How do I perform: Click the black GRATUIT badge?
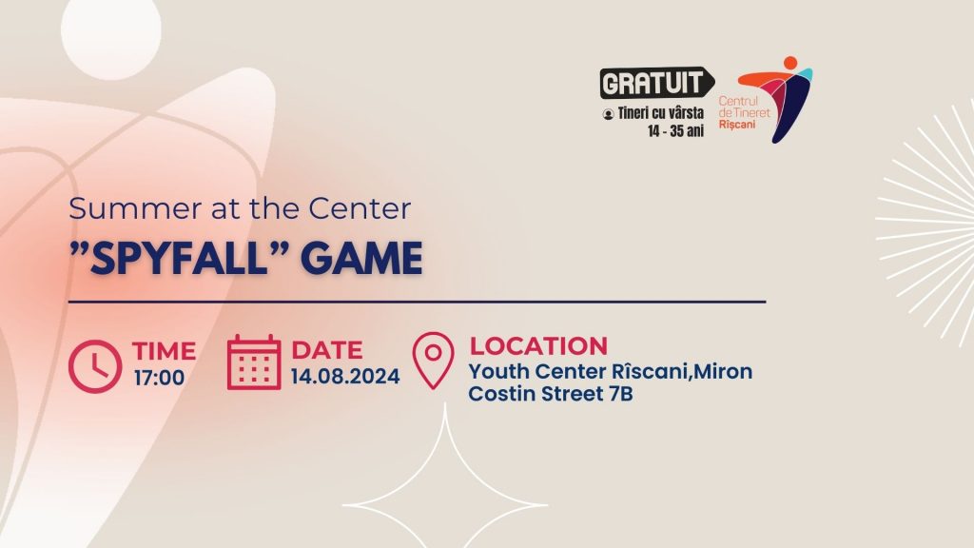point(656,83)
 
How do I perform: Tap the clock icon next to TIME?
point(95,366)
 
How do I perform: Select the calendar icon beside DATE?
point(253,362)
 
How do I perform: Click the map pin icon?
point(433,361)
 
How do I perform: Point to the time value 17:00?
point(159,378)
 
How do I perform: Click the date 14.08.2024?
point(345,377)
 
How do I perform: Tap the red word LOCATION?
point(538,346)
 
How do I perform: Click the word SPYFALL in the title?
point(180,259)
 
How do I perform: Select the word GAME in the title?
point(362,259)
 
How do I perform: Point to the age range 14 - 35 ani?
point(676,131)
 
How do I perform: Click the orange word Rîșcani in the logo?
point(737,125)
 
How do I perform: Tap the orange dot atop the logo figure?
point(790,63)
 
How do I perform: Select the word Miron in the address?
point(723,372)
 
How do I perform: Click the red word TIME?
point(164,351)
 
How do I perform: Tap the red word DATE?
point(327,350)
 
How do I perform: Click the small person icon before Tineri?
point(608,114)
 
